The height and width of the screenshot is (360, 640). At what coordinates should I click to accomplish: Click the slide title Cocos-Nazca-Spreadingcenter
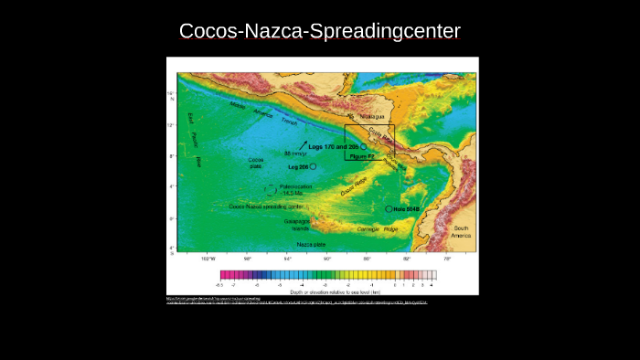[320, 31]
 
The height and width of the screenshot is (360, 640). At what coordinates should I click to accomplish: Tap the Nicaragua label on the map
[373, 116]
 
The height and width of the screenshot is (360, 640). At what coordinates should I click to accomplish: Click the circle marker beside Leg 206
[314, 167]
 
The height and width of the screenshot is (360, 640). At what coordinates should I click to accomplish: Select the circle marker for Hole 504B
[389, 209]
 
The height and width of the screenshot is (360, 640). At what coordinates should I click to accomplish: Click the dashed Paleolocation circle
[271, 190]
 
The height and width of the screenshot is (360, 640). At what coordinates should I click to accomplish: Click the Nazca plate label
[311, 245]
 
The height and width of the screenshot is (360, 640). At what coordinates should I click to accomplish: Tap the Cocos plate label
[256, 163]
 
